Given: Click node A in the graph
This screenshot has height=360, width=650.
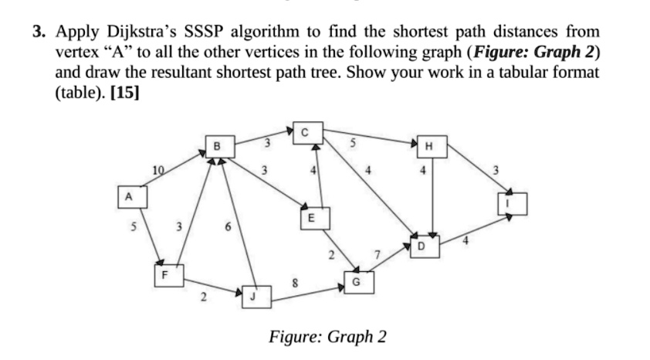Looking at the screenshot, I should pyautogui.click(x=128, y=197).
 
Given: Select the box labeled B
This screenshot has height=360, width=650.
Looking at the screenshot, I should pyautogui.click(x=217, y=145).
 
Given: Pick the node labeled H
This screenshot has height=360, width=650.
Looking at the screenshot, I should pyautogui.click(x=429, y=146).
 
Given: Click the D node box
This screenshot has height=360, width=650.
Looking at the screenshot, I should pyautogui.click(x=421, y=245).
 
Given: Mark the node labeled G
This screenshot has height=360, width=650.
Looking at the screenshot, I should pyautogui.click(x=355, y=283).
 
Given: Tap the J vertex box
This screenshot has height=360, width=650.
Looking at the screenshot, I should pyautogui.click(x=254, y=296).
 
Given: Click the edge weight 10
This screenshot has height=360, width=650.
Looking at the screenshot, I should pyautogui.click(x=157, y=170).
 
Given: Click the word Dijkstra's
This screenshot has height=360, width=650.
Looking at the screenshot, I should pyautogui.click(x=144, y=32).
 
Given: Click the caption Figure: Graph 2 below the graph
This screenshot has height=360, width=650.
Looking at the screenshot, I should pyautogui.click(x=327, y=338).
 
